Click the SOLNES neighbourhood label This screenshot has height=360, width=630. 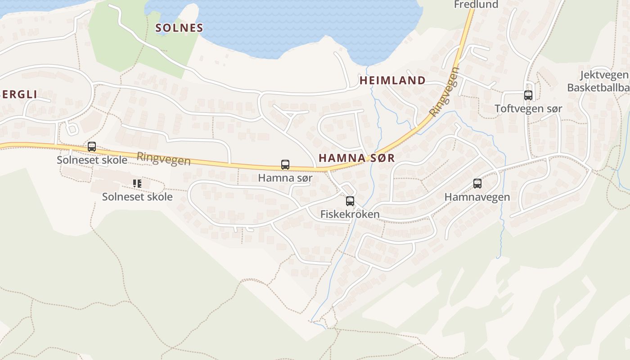tap(179, 28)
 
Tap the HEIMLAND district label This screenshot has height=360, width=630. tap(392, 81)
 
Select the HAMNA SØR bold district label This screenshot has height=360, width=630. tap(356, 158)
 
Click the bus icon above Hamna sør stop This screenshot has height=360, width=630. tap(285, 165)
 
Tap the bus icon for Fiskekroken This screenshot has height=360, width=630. tap(350, 201)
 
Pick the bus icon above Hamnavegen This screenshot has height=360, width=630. tap(477, 184)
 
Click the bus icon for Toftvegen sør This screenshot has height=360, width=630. tap(528, 95)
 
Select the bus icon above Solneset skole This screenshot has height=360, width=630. tap(92, 147)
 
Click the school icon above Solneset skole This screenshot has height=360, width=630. tap(137, 184)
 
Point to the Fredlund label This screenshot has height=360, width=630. tap(476, 4)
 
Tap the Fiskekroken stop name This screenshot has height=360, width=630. tap(350, 214)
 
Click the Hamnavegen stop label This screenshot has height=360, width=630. tap(477, 197)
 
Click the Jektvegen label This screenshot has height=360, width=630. tap(604, 75)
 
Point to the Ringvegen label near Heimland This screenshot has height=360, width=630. tap(444, 92)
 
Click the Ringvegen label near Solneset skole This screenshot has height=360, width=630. tap(163, 158)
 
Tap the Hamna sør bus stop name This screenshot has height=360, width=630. tap(285, 178)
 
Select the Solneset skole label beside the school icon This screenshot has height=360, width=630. tap(137, 197)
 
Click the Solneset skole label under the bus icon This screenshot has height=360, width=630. tap(92, 160)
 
